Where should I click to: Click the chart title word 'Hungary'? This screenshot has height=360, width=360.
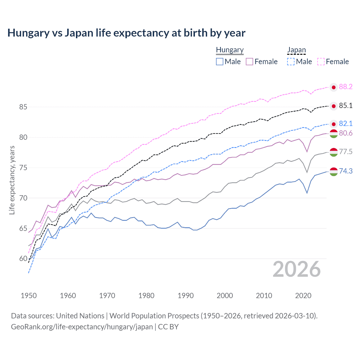click(x=28, y=33)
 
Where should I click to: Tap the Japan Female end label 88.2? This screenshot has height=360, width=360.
click(x=346, y=87)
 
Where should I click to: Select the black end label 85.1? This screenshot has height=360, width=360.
click(x=346, y=106)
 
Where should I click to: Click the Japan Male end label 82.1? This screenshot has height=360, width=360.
click(x=346, y=124)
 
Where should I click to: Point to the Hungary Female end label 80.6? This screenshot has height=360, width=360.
click(x=346, y=133)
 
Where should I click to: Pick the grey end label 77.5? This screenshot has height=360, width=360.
click(x=346, y=152)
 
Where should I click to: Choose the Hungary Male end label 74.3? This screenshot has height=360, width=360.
click(x=346, y=171)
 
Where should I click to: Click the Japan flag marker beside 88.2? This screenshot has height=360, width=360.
click(x=334, y=87)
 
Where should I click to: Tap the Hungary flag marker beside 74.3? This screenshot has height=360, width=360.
click(x=334, y=172)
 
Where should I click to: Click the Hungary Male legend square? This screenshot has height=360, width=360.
click(x=220, y=62)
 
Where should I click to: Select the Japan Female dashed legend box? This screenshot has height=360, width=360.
click(x=321, y=62)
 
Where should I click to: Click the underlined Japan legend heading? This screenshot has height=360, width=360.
click(x=296, y=50)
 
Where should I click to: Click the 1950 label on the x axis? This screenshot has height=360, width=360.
click(x=29, y=296)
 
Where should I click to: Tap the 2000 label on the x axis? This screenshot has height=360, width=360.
click(x=225, y=296)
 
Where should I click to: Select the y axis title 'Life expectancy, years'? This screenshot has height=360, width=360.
click(x=12, y=180)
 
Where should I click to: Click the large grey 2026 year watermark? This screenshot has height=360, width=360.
click(x=297, y=269)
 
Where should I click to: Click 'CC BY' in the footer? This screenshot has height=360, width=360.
click(x=168, y=327)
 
